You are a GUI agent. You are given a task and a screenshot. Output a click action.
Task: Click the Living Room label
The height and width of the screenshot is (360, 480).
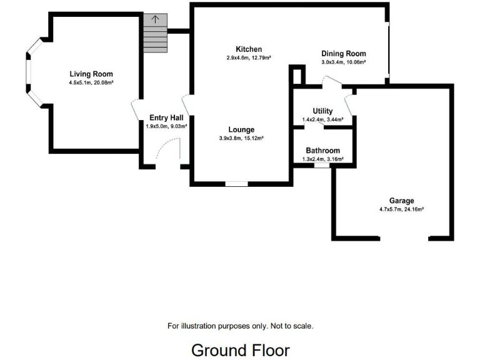point(91,74)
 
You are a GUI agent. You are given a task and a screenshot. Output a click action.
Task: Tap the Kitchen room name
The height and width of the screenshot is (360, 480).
point(249,49)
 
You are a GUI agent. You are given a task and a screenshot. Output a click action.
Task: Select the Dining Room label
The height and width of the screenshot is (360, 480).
point(343,54)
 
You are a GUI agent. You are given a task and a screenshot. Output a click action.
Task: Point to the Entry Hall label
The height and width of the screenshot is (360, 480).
point(166,117)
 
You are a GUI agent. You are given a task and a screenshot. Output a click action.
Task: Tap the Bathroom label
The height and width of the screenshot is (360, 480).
point(322,151)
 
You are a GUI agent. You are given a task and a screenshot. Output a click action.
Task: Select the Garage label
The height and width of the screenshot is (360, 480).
point(401,201)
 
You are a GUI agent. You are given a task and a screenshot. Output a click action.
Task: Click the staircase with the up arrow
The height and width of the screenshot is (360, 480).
point(154,34)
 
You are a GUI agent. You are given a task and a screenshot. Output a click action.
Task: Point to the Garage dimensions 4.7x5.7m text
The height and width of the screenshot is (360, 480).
point(401,209)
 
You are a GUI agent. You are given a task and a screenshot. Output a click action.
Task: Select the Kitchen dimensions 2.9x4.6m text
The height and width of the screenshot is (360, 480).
point(249,58)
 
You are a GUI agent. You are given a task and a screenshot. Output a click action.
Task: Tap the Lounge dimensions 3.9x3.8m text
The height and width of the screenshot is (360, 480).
point(241,138)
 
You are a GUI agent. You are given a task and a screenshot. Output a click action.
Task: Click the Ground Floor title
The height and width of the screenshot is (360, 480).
point(240,349)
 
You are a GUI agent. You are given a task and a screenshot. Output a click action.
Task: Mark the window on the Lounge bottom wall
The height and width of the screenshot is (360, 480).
point(236,184)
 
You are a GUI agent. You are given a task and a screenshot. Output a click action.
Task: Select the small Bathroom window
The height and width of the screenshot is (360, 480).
point(322,166)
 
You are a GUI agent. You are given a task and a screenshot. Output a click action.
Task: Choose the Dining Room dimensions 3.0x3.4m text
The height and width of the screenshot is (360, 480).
point(343,62)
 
